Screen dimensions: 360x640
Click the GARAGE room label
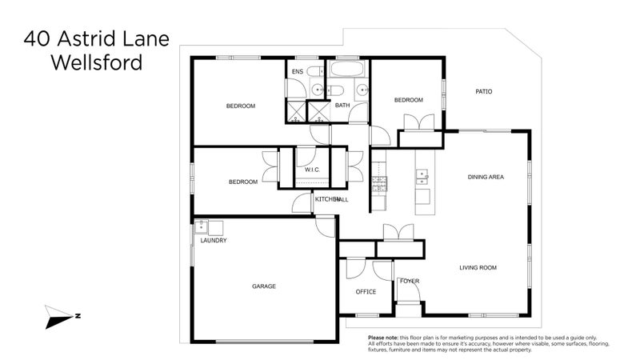264,286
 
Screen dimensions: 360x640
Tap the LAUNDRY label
214,241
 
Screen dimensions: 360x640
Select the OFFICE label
366,292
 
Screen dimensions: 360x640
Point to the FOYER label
410,281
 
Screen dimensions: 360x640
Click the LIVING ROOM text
478,268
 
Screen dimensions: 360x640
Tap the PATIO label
483,92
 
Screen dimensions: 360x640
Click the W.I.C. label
311,170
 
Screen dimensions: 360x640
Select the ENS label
297,73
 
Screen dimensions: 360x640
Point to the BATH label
342,106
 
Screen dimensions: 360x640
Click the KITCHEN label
326,199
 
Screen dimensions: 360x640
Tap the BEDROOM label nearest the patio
408,100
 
